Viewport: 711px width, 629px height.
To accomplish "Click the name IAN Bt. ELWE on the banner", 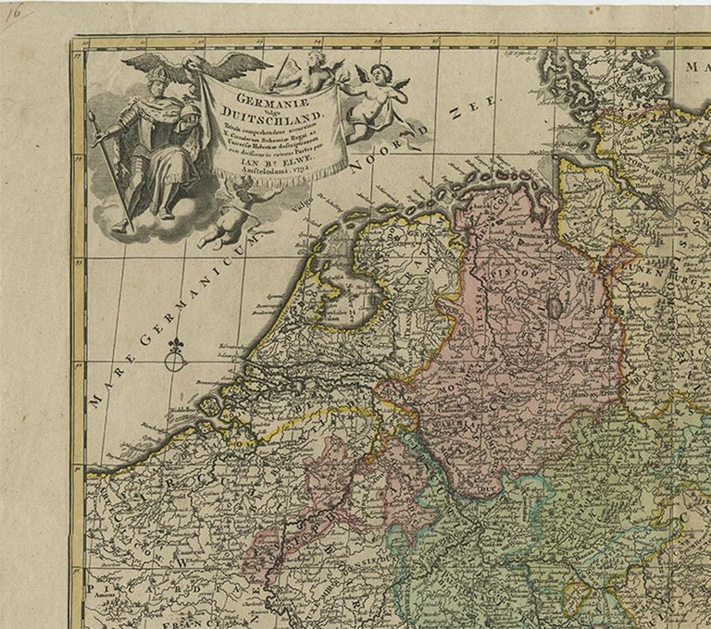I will pos(282,166).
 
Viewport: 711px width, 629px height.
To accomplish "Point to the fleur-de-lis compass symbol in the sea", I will pos(176,351).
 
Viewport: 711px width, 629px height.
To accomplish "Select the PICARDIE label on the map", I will pos(125,592).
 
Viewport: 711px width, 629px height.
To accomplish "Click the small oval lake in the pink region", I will pos(555,307).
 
